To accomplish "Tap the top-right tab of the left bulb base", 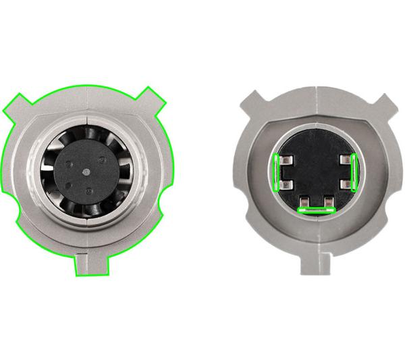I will [153, 99].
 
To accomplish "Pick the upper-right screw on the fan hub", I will [101, 160].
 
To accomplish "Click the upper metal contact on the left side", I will [286, 161].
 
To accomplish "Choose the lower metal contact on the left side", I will [286, 183].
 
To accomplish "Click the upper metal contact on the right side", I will [345, 161].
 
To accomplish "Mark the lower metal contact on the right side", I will [345, 183].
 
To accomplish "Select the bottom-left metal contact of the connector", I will [305, 201].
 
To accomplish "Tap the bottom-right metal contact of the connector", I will [327, 201].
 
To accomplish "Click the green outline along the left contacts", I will [277, 172].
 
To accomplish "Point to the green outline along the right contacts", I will [354, 172].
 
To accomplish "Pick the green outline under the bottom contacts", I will [316, 210].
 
